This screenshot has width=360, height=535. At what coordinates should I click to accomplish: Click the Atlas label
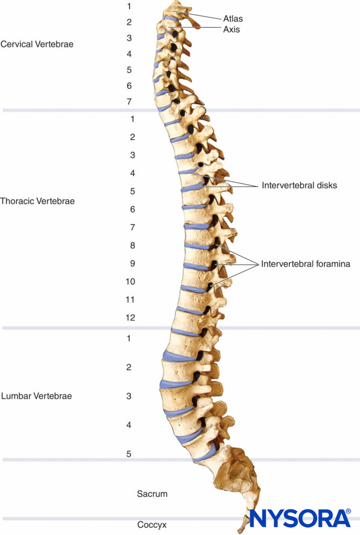click(x=234, y=19)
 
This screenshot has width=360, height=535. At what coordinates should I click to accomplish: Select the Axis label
click(x=231, y=30)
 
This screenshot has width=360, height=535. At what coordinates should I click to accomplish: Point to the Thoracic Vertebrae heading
click(x=38, y=201)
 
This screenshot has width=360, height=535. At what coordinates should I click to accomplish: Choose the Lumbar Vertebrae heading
click(x=37, y=396)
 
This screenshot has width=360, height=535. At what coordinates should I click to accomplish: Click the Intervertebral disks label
click(x=299, y=185)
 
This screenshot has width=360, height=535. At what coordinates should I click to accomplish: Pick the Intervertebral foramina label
click(x=306, y=264)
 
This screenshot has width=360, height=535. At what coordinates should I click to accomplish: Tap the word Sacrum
click(x=152, y=493)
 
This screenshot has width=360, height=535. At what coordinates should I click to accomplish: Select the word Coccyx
click(x=152, y=525)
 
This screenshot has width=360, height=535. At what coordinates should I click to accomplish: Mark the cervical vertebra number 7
click(x=129, y=101)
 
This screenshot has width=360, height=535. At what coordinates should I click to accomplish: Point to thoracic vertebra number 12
click(x=131, y=318)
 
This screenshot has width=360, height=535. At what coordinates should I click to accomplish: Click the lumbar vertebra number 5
click(x=129, y=453)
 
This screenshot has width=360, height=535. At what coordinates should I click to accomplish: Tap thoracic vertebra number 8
click(x=133, y=246)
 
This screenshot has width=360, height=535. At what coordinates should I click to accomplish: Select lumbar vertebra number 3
click(x=129, y=396)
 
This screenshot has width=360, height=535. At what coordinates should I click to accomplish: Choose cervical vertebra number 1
click(x=129, y=6)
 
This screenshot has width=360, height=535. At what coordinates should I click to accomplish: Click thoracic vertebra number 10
click(x=131, y=282)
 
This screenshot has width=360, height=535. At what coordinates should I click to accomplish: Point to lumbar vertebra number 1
click(x=129, y=339)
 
